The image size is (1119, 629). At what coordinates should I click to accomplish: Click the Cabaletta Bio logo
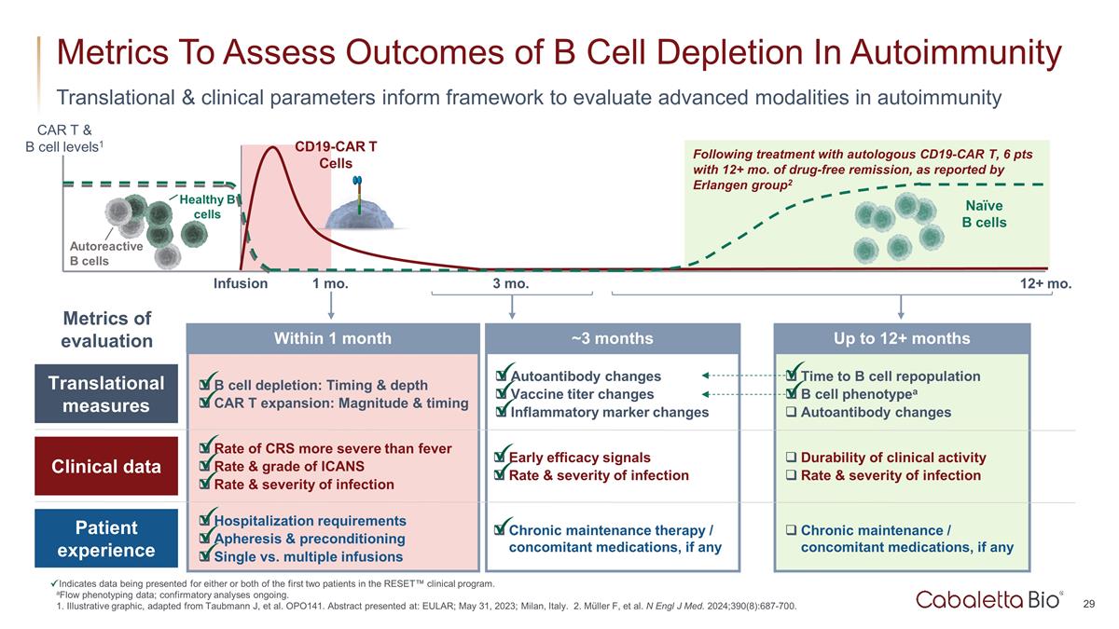(988, 599)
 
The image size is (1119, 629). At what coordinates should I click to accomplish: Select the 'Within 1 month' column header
(332, 338)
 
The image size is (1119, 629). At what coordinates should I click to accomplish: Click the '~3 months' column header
(612, 338)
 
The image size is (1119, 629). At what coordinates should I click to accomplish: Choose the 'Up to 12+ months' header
(902, 338)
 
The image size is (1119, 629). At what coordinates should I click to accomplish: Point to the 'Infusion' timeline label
(241, 283)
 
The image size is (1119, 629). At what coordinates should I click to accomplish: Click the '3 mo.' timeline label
(510, 283)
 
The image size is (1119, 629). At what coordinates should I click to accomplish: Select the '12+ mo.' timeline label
(1046, 283)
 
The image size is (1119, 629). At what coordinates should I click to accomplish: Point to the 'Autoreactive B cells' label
(106, 253)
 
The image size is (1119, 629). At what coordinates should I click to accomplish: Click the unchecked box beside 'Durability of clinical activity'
(791, 458)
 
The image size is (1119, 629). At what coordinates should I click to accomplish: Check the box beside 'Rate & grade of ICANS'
(204, 467)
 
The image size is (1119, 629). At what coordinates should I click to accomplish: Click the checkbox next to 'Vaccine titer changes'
(502, 395)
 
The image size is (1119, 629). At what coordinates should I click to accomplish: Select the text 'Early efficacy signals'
(580, 458)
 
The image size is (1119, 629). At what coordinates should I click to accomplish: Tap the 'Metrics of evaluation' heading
(106, 330)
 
